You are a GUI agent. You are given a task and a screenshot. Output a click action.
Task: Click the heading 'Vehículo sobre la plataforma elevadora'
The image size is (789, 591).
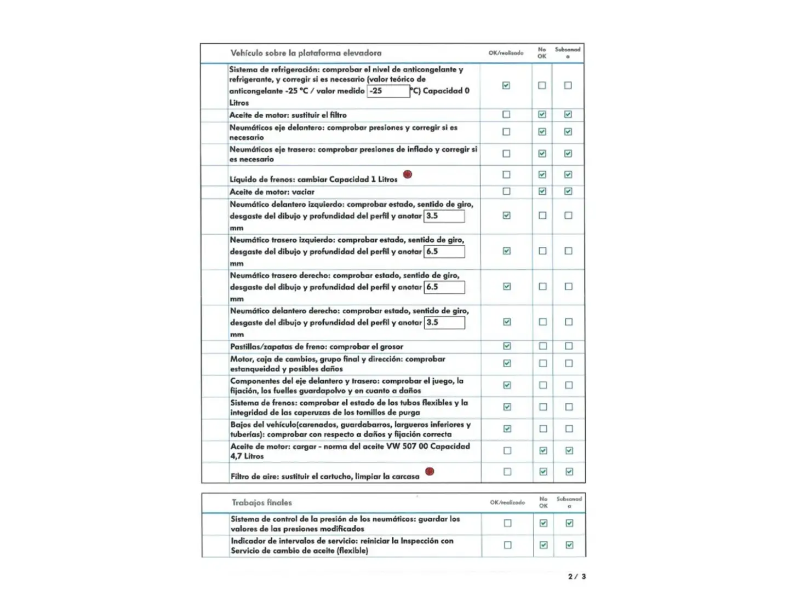pos(306,53)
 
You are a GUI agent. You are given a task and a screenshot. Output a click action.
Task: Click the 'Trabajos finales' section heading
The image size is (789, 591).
pos(262,502)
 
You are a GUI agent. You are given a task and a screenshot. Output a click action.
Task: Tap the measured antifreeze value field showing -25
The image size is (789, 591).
pos(388,91)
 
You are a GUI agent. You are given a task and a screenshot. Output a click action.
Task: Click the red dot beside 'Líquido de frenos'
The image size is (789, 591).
pos(407,175)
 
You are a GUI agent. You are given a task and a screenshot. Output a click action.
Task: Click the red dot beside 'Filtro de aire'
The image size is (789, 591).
pos(430,471)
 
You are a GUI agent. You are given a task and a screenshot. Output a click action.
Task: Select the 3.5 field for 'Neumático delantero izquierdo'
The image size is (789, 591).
pos(444,216)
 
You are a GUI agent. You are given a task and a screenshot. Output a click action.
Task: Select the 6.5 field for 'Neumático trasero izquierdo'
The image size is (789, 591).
pos(444,252)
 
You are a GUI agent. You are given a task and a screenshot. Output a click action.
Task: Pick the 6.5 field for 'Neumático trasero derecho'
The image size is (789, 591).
pos(444,287)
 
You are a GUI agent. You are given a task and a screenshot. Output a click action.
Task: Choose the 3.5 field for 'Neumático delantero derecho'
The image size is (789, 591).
pos(444,322)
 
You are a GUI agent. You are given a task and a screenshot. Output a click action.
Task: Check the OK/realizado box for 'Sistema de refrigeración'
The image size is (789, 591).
pos(506,85)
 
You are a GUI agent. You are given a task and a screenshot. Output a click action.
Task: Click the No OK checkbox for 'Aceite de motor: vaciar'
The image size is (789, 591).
pos(542,192)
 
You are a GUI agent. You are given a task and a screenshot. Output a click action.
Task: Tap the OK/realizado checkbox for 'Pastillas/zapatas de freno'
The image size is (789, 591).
pos(507,346)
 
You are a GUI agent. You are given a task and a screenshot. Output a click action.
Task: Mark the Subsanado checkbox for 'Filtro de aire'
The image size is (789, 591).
pos(569,472)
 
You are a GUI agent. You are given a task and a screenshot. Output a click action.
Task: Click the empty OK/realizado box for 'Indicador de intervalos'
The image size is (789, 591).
pos(508,545)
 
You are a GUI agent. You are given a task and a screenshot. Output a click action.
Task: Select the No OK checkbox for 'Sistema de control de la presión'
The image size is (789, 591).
pos(544,523)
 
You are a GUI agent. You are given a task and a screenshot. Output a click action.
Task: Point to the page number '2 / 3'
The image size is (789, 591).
pos(577,576)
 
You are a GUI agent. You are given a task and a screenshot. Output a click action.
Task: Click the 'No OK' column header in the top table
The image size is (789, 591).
pos(542,53)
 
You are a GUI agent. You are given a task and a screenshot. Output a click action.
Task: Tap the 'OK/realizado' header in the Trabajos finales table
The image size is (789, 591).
pos(507,502)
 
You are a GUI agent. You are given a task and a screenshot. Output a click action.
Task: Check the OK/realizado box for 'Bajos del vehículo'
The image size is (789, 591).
pos(507,429)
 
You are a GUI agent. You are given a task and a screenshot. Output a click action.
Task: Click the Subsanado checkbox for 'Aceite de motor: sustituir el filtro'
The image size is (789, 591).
pos(568,114)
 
